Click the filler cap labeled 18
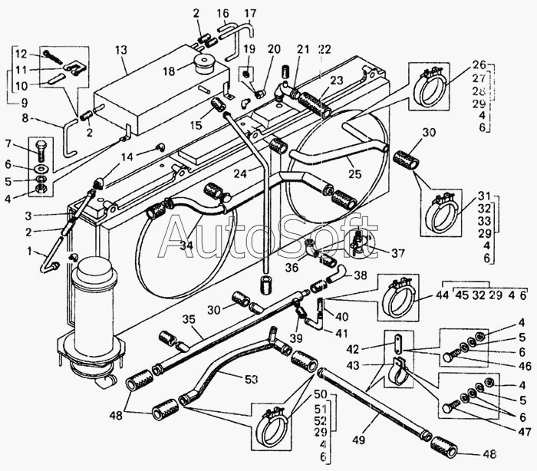(205, 64)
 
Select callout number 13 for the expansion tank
(121, 51)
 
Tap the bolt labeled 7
(41, 151)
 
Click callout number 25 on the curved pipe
(354, 174)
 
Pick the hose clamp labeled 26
(429, 87)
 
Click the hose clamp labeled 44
(398, 297)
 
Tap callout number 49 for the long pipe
(360, 440)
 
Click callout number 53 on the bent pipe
(252, 379)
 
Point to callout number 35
(189, 319)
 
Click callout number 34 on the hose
(186, 245)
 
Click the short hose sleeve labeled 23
(315, 103)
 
